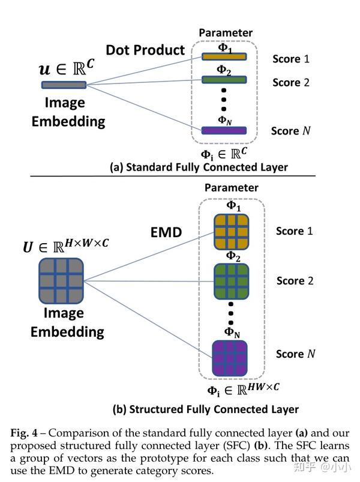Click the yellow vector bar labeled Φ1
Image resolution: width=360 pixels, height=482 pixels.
click(224, 57)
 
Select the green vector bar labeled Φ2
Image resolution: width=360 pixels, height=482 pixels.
click(224, 79)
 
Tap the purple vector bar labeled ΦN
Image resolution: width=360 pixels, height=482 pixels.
click(224, 130)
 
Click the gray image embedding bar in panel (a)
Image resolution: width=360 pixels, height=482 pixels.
click(64, 85)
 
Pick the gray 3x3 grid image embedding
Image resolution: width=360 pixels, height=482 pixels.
click(61, 280)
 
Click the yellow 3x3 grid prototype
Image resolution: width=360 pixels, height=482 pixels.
click(231, 231)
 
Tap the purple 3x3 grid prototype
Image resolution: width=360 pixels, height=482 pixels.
click(231, 358)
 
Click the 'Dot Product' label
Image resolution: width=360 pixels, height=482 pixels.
click(146, 50)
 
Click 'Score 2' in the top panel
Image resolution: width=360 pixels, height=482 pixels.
click(290, 82)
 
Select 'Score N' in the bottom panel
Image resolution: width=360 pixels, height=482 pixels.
click(295, 354)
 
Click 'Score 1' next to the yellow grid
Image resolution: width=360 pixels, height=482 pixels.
click(294, 231)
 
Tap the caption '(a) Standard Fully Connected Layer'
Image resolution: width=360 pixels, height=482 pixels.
click(199, 167)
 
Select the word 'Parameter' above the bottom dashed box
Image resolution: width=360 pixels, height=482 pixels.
click(231, 188)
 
